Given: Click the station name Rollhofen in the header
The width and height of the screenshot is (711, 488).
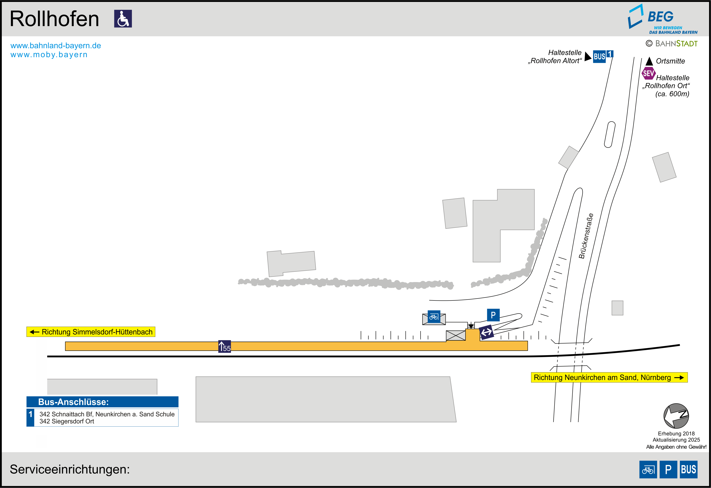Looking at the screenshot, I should click(54, 19).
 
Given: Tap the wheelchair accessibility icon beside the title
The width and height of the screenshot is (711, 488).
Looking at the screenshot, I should click(123, 19).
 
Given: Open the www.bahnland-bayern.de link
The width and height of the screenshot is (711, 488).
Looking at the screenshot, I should click(56, 46).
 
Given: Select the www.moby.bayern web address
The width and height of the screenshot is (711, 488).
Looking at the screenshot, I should click(49, 55).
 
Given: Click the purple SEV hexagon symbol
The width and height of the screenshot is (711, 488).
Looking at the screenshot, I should click(648, 73).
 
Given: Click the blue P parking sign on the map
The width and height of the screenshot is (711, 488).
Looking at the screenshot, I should click(493, 315).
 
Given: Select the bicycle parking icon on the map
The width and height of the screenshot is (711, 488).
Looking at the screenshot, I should click(434, 317).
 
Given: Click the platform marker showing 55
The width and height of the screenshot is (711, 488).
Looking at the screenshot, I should click(225, 346).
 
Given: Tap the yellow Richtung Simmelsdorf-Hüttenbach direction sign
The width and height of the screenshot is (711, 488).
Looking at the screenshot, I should click(91, 332).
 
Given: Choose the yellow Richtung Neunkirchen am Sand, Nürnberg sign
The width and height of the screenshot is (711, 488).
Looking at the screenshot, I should click(609, 377).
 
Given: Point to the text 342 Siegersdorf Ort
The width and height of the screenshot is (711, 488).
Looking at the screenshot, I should click(67, 421).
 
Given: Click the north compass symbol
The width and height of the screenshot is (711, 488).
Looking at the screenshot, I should click(676, 416).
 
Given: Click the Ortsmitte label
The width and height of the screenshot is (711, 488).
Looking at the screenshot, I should click(670, 61).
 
